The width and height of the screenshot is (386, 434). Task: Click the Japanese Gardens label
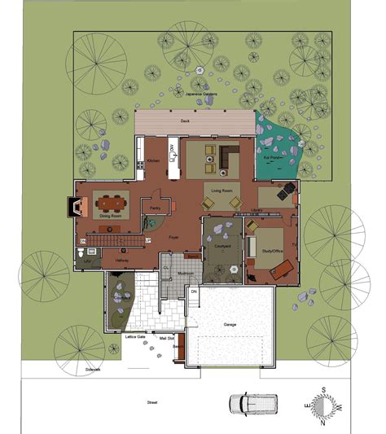point(204,94)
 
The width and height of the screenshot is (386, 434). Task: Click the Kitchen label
point(154,160)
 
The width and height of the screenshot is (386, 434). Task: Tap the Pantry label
point(154,208)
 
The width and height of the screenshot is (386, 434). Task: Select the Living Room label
point(222,191)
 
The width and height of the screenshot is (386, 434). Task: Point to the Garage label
point(230,323)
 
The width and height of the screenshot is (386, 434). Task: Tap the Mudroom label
point(184,274)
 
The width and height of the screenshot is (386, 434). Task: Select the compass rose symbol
point(323,405)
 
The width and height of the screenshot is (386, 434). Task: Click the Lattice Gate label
point(136,335)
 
